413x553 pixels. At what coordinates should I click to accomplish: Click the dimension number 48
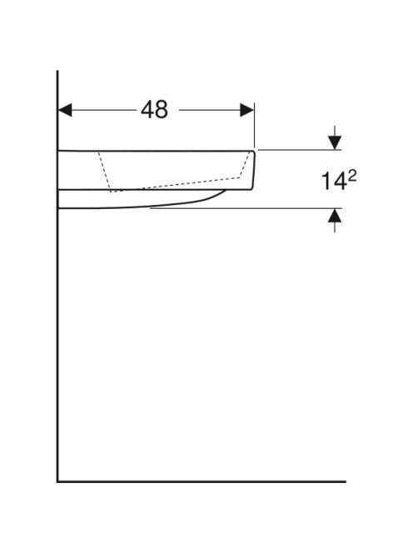pos(155,110)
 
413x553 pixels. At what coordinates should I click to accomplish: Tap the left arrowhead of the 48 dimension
pos(65,110)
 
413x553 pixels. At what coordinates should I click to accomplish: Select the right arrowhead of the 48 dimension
pos(246,110)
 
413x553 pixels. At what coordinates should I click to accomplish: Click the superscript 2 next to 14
pos(352,177)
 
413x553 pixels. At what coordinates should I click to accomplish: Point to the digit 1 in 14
pos(326,182)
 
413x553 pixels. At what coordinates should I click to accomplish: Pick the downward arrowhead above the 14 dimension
pos(335,143)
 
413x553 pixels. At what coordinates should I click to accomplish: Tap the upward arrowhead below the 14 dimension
pos(335,216)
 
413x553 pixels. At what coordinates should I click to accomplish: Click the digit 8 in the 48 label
pos(162,110)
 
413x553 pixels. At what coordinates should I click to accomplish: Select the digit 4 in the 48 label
pos(147,110)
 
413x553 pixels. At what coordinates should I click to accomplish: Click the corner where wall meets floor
pos(57,481)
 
